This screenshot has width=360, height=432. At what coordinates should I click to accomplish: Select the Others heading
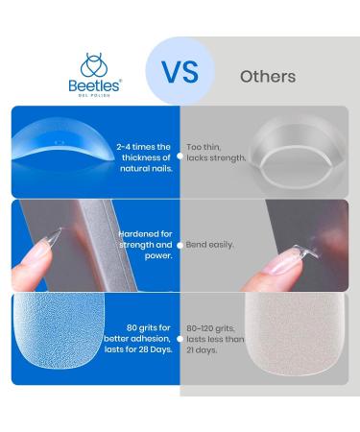click(267, 77)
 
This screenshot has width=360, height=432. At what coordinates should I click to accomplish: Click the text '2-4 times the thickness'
click(145, 156)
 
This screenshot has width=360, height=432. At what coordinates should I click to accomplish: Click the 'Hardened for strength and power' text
click(145, 245)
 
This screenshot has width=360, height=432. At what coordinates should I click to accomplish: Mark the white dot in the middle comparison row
click(180, 245)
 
